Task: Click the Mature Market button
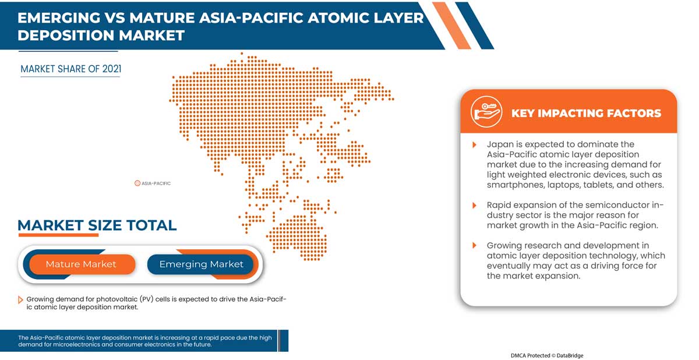[x=81, y=264]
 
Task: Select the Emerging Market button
[x=201, y=264]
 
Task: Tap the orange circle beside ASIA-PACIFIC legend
[x=137, y=183]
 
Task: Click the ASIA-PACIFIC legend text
[x=156, y=183]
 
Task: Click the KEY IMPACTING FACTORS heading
[x=586, y=113]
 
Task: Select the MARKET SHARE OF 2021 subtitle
[x=70, y=69]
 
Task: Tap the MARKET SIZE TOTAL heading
[x=97, y=225]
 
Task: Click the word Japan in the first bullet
[x=500, y=144]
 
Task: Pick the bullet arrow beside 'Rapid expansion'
[x=475, y=205]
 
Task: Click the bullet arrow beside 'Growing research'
[x=475, y=246]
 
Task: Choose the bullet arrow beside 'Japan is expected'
[x=475, y=144]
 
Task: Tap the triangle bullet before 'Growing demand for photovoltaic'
[x=21, y=299]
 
